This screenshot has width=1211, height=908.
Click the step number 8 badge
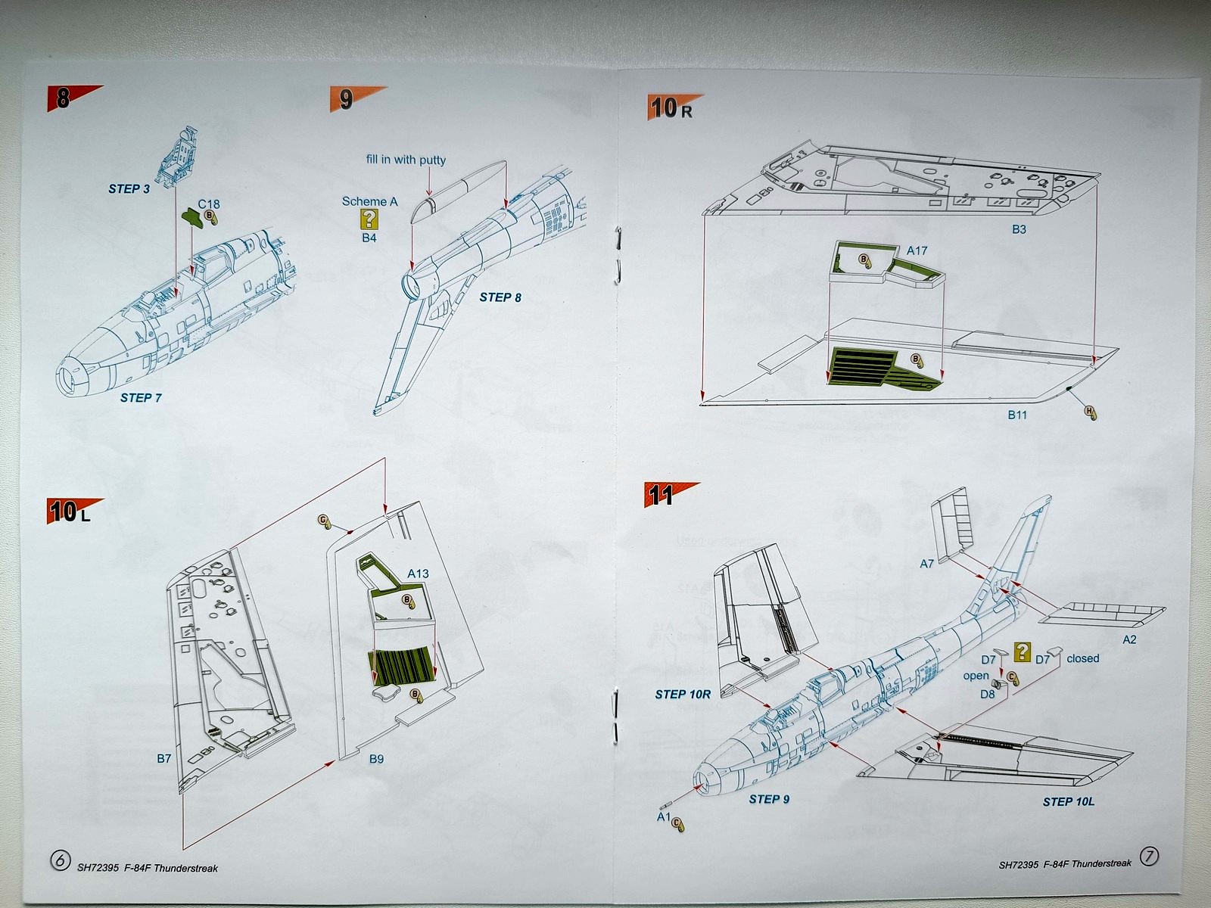pos(63,98)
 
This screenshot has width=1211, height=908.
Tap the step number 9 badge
pos(346,99)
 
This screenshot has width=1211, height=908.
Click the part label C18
pos(209,204)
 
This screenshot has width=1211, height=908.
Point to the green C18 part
pos(192,218)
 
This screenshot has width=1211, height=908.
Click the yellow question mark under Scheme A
pos(369,219)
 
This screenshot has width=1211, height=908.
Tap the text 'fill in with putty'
pos(406,160)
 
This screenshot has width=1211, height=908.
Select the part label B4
pos(369,238)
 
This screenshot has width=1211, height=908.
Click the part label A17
pos(917,250)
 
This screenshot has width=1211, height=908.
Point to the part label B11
pos(1017,415)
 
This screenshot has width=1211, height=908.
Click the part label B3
pos(1019,229)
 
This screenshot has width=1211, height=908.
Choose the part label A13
pos(418,574)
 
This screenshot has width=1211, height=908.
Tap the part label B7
pos(164,758)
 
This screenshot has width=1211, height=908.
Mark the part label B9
pos(376,758)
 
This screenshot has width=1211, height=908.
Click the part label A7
pos(927,564)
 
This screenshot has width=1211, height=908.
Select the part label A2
pos(1129,639)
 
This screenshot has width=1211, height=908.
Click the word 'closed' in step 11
pos(1082,658)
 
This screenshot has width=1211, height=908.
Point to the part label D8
pos(988,694)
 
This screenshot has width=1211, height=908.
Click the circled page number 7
pos(1149,857)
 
